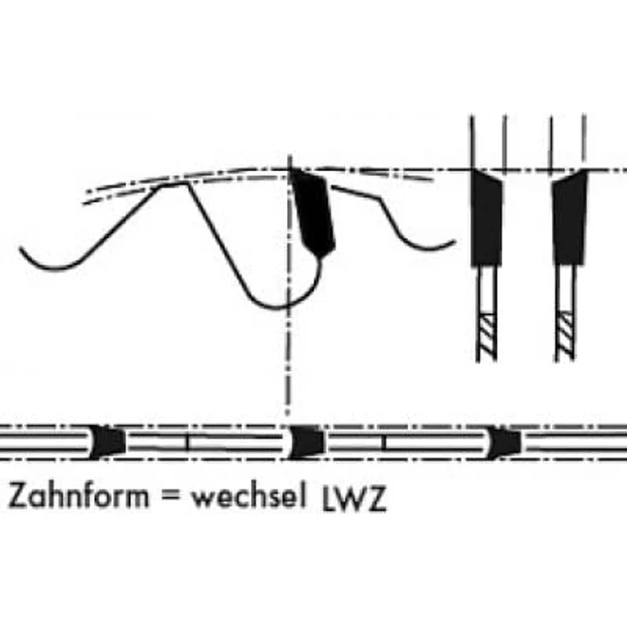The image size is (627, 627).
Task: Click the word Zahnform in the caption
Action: (78, 495)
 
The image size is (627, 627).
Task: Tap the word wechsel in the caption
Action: (248, 495)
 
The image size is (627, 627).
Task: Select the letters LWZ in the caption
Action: (354, 499)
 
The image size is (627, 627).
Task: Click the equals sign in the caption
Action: (170, 497)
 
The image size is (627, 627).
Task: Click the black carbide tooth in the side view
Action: (314, 212)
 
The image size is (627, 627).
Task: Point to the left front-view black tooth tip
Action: (486, 218)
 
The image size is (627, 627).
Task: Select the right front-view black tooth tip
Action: (569, 218)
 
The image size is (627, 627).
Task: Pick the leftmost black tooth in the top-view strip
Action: (107, 441)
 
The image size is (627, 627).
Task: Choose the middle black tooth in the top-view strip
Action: (306, 442)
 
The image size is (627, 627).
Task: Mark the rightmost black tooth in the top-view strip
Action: (503, 442)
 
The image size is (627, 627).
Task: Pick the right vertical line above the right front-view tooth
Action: (584, 142)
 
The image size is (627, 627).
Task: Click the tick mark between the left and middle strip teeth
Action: (187, 442)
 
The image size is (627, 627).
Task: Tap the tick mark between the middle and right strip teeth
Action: (383, 442)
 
